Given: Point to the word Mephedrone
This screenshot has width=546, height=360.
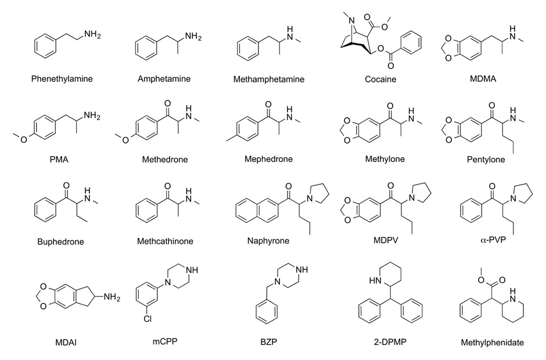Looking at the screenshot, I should click(x=268, y=159).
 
